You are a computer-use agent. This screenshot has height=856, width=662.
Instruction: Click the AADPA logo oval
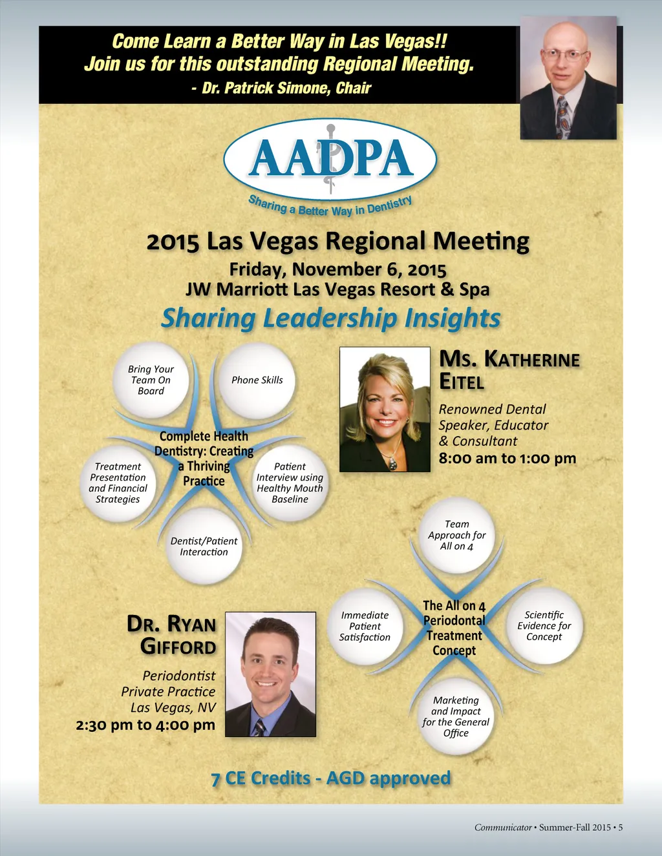click(x=330, y=159)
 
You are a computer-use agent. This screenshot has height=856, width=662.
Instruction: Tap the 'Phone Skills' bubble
click(x=257, y=380)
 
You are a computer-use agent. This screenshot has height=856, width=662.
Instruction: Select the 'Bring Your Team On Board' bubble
click(x=151, y=380)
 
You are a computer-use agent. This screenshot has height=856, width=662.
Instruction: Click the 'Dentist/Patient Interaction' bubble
click(x=204, y=547)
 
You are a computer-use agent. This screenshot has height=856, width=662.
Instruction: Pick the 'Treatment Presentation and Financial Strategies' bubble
click(x=118, y=483)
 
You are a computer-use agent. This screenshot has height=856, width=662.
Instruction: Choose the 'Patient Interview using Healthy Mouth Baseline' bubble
click(x=290, y=483)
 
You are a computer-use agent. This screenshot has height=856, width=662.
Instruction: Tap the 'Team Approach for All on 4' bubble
click(x=456, y=535)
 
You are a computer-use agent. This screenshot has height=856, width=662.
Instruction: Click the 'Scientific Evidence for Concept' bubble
click(x=544, y=625)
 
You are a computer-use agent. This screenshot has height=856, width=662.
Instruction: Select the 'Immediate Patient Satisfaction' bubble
click(x=365, y=626)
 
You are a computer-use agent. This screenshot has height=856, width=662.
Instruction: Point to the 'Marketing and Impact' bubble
click(x=456, y=716)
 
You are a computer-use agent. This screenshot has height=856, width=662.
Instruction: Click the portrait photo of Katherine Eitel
click(x=385, y=409)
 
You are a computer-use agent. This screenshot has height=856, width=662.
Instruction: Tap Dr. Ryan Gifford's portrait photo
click(x=271, y=674)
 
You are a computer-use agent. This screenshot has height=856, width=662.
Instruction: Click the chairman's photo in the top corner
click(x=568, y=78)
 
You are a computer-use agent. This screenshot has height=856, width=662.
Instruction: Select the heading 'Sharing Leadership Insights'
click(x=330, y=318)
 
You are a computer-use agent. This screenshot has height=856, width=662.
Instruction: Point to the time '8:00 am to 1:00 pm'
click(x=507, y=459)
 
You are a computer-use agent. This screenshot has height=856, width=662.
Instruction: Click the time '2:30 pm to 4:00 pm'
click(x=145, y=725)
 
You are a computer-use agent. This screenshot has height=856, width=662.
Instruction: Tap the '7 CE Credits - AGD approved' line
click(x=330, y=778)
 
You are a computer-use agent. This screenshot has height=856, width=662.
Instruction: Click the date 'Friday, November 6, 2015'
click(x=337, y=269)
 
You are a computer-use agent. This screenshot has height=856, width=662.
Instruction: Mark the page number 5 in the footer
click(x=620, y=828)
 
